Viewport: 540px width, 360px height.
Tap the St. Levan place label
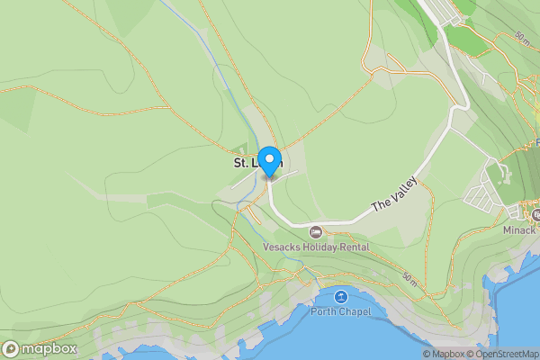click(x=257, y=164)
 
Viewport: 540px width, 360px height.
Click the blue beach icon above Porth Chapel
click(x=340, y=297)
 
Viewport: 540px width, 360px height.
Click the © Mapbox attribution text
click(x=444, y=354)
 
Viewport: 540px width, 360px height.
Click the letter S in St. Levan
click(x=238, y=164)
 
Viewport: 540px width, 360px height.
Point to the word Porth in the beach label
click(x=324, y=311)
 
